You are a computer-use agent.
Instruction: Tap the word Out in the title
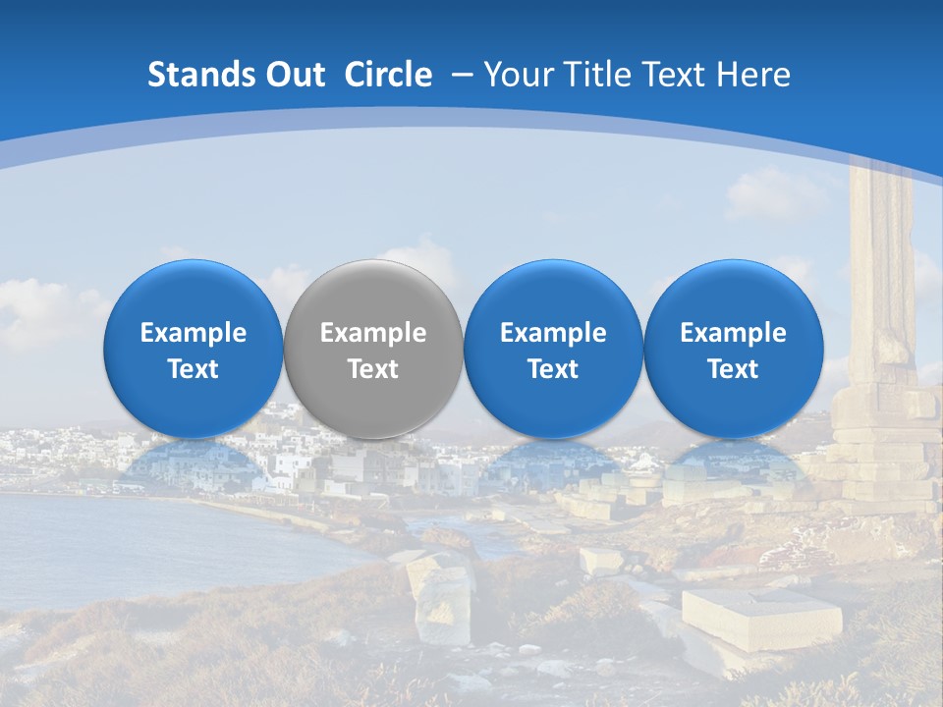[x=293, y=75]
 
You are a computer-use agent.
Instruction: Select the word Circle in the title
[x=388, y=75]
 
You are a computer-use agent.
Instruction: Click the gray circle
[x=373, y=295]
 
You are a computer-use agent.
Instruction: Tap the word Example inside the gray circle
[x=373, y=333]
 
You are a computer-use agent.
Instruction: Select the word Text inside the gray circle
[x=373, y=369]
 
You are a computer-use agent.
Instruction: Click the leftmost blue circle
[x=194, y=295]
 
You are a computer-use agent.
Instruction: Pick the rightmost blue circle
[x=734, y=295]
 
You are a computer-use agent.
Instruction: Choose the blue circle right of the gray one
[x=553, y=295]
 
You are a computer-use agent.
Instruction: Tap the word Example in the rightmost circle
[x=734, y=333]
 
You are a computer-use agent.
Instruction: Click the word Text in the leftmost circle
[x=194, y=369]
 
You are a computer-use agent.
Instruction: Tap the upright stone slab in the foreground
[x=442, y=599]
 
